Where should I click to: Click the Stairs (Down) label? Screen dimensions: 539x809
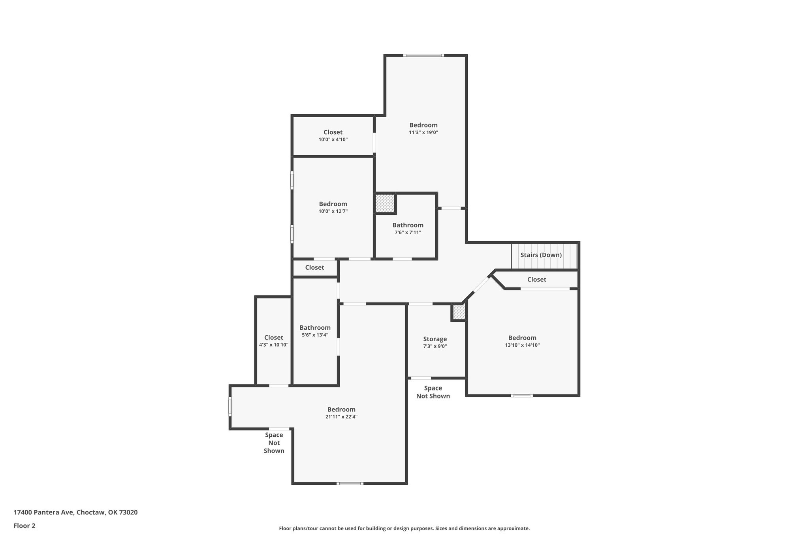pos(541,255)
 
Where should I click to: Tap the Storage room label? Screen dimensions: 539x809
pos(435,339)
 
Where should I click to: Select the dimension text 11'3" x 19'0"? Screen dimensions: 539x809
pos(423,133)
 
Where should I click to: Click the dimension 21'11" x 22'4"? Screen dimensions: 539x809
pos(341,417)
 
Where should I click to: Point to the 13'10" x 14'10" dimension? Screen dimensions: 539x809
pos(522,345)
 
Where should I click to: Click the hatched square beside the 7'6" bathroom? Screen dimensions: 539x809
pos(385,203)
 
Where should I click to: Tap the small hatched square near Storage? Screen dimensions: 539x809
pos(459,312)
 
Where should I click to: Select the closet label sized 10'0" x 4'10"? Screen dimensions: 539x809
pos(333,132)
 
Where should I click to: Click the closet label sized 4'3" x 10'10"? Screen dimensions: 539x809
pos(274,338)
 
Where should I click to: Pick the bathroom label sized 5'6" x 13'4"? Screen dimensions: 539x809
pos(315,328)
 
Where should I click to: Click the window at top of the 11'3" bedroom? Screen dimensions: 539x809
pos(423,55)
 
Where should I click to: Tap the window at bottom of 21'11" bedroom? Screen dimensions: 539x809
pos(350,483)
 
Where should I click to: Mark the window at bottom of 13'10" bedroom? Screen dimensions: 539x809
pos(521,395)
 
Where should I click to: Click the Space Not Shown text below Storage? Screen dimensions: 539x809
pos(433,392)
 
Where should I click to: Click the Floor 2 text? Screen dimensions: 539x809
pos(24,526)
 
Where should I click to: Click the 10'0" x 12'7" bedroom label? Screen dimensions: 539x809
pos(333,204)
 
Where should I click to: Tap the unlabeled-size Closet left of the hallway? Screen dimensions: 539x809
pos(314,268)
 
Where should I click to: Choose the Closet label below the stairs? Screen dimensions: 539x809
pos(536,280)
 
